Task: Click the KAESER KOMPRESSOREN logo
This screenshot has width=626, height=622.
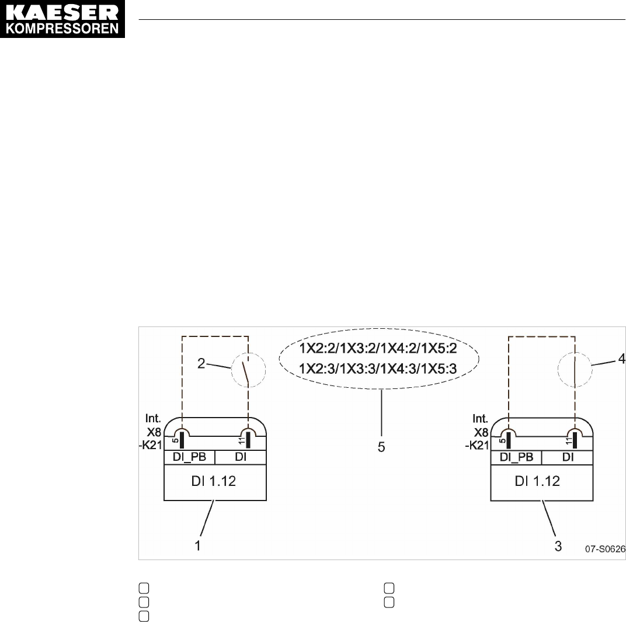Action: click(63, 19)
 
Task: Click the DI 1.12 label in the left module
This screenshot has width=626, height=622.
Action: click(215, 482)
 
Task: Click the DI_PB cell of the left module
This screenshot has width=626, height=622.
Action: click(190, 457)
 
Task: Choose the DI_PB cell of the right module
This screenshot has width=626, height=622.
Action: click(516, 457)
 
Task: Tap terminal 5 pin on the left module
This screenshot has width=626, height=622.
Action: click(183, 439)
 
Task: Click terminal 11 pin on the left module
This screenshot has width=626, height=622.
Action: click(249, 439)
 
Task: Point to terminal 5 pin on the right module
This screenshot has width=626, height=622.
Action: click(509, 439)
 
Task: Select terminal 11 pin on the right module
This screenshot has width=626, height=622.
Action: click(575, 439)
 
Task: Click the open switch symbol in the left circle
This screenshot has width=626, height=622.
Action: click(249, 370)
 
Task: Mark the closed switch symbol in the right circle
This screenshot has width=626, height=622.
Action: click(575, 370)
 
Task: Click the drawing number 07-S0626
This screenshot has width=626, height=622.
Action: click(604, 549)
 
